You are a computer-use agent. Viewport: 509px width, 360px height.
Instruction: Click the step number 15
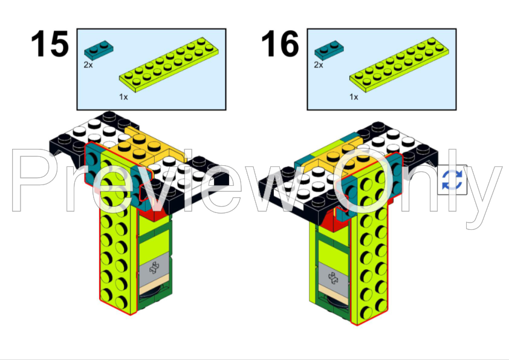click(50, 44)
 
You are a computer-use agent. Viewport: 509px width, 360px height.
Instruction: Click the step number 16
click(280, 44)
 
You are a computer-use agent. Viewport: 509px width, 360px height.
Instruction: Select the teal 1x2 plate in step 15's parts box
click(99, 50)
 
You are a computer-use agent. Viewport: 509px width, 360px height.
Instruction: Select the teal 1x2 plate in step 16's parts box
click(329, 50)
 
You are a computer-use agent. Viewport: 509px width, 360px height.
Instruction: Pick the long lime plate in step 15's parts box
click(169, 65)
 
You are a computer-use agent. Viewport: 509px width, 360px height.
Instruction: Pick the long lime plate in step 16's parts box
click(399, 65)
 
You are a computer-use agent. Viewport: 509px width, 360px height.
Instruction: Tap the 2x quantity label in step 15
click(88, 65)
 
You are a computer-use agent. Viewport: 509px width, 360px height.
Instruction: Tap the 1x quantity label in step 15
click(123, 97)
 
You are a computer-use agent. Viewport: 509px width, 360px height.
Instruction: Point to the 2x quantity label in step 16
click(319, 65)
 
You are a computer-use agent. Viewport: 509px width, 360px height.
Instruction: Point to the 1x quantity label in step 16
click(354, 97)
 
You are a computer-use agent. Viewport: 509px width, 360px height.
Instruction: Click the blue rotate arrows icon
click(452, 180)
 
